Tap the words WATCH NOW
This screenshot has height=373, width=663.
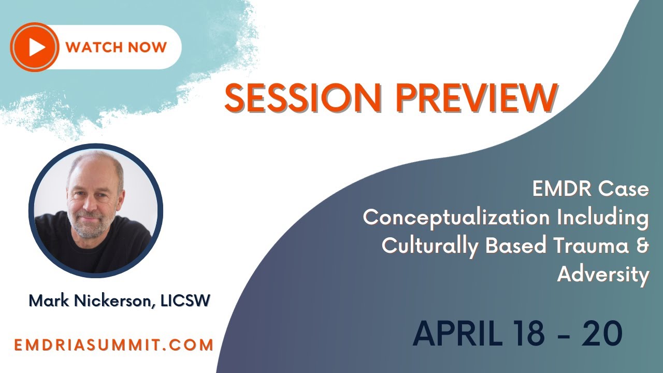tap(116, 48)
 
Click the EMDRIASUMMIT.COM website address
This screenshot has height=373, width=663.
tap(114, 345)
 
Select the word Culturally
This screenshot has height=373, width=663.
tap(429, 246)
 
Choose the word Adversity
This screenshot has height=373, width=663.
tap(603, 275)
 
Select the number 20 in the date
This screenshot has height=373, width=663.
tap(601, 334)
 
